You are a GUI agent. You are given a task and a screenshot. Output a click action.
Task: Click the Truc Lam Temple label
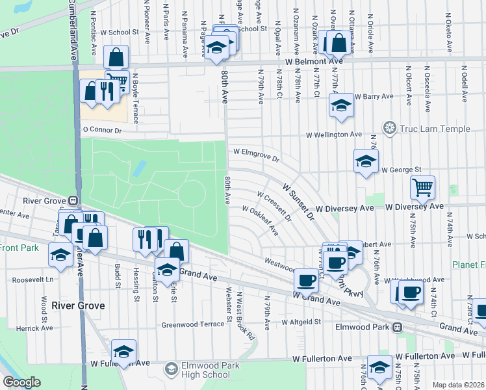click(435, 129)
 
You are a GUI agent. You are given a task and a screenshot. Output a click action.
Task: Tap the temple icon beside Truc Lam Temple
click(390, 129)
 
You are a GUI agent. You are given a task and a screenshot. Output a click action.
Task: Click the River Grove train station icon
click(73, 201)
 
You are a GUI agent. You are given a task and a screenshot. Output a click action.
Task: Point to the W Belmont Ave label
click(309, 61)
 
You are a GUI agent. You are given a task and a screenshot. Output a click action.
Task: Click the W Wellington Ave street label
click(334, 135)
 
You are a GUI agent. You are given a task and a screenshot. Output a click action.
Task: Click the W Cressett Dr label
click(274, 205)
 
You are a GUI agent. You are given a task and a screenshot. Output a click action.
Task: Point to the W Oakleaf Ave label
click(260, 220)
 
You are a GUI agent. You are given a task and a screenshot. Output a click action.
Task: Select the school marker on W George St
click(366, 162)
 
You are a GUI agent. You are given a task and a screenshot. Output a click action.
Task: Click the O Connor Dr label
click(102, 130)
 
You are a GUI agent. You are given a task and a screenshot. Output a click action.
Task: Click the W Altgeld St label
click(301, 322)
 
